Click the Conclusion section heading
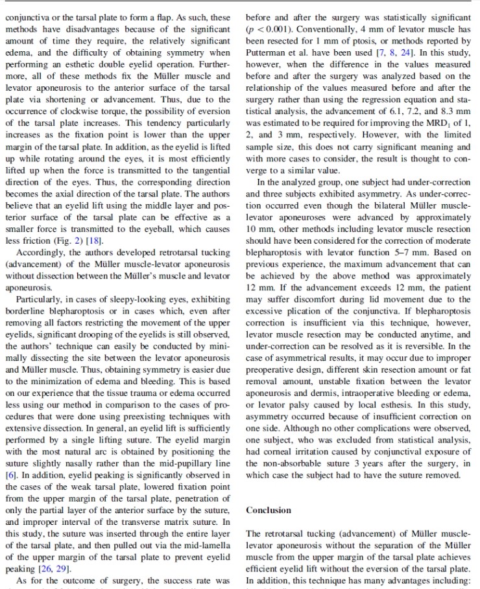coord(269,510)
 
